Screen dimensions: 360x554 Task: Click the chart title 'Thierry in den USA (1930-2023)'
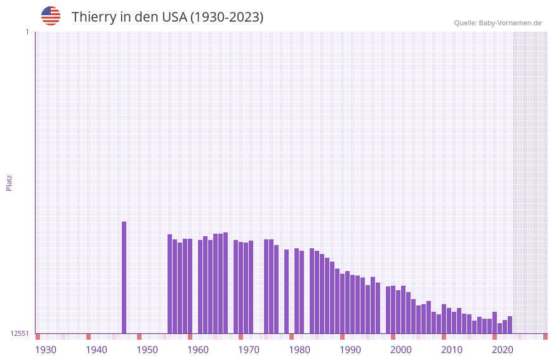point(167,17)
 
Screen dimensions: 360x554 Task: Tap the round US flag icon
point(51,16)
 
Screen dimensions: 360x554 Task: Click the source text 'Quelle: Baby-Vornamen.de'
point(498,23)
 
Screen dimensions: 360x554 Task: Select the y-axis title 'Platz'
point(9,182)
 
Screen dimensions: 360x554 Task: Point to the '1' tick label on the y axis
point(27,32)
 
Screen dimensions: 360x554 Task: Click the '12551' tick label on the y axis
point(20,333)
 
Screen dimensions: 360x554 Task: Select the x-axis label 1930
point(46,350)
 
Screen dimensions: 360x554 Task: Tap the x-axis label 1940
point(96,350)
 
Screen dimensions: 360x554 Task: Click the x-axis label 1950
point(147,350)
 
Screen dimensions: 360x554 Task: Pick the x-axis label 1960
point(198,350)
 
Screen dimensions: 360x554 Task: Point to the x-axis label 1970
point(249,350)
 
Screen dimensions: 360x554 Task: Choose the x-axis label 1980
point(300,350)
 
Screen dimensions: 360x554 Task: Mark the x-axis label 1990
point(350,350)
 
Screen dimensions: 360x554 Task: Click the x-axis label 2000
point(401,350)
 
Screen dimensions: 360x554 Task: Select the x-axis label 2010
point(452,350)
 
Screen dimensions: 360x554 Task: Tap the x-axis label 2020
point(503,350)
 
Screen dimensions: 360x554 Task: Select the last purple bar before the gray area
point(510,324)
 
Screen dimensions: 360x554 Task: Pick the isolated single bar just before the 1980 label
point(286,291)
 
